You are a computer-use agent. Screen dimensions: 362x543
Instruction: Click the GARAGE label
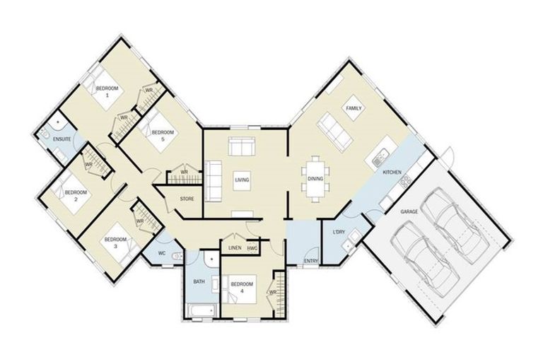coord(409,211)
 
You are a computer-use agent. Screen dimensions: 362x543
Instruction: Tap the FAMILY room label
coord(354,108)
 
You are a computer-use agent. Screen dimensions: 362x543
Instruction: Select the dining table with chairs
coord(315,178)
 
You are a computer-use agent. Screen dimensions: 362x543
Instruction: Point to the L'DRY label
coord(338,232)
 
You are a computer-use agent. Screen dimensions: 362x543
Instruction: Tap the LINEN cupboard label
coord(235,248)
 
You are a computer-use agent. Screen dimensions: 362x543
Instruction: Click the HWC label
coord(252,248)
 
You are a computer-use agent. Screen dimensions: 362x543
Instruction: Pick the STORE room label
coord(187,199)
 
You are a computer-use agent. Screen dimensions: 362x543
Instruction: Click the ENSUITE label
coord(62,139)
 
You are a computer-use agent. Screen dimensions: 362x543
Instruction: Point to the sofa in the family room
coord(334,132)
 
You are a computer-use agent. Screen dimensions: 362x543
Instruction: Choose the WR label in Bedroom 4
coord(271,291)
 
